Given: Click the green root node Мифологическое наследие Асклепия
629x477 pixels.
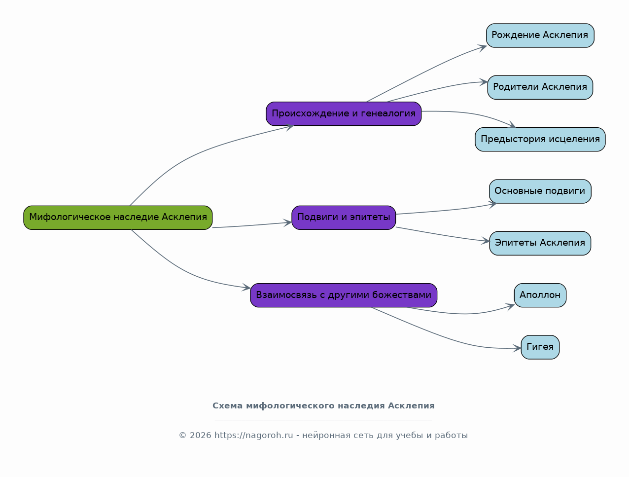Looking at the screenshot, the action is click(118, 218).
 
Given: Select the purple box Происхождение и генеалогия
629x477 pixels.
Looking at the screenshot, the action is click(344, 114).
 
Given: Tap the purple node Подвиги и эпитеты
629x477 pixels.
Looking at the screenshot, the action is click(344, 218).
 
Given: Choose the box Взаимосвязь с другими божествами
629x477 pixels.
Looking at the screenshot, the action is click(344, 295).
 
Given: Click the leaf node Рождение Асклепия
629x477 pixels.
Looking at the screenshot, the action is click(540, 36).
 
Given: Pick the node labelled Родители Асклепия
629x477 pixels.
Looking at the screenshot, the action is click(540, 87).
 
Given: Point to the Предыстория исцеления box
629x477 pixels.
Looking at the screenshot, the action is click(540, 139).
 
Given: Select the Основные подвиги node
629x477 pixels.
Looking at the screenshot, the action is click(540, 191).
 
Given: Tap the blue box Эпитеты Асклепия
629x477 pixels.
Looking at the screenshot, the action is click(540, 243).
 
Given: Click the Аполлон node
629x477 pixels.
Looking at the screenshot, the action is click(540, 295).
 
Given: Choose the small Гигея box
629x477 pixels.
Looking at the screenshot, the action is click(540, 347).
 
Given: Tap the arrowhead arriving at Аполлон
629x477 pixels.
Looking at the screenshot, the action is click(510, 306).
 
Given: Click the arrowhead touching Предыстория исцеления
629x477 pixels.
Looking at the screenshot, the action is click(512, 125).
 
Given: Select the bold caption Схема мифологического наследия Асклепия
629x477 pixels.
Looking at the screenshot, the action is click(323, 405).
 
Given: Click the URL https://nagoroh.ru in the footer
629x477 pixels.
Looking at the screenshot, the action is click(253, 435).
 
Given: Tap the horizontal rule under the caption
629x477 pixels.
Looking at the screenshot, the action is click(323, 420).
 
